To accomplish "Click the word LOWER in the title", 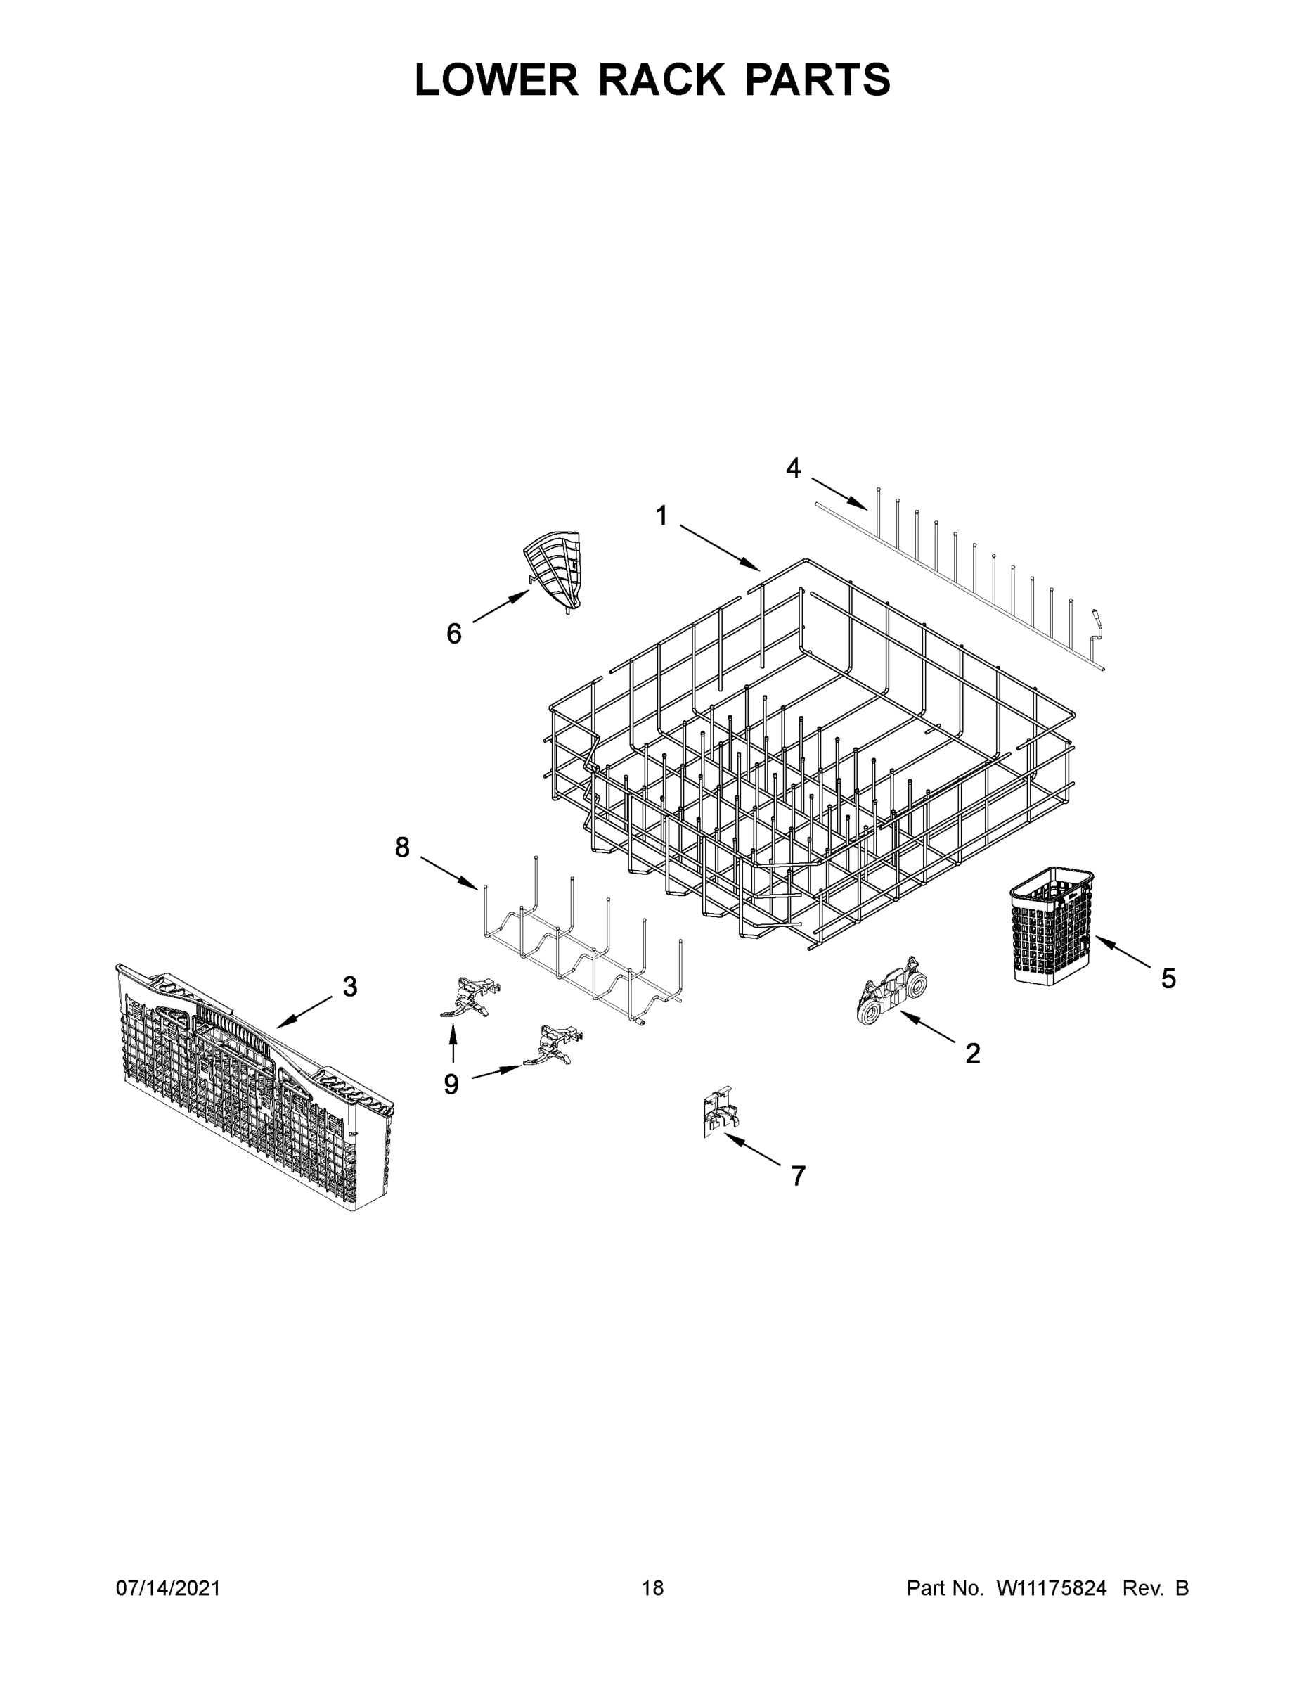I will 497,79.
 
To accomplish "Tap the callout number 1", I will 661,516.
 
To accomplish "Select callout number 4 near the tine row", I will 794,468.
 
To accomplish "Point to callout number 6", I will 454,634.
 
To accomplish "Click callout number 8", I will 403,847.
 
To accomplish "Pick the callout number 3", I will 350,986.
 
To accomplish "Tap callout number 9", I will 451,1085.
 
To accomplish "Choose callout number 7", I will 798,1175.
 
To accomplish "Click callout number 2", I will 973,1053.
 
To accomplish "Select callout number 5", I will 1168,978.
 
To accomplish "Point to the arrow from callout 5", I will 1125,953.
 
